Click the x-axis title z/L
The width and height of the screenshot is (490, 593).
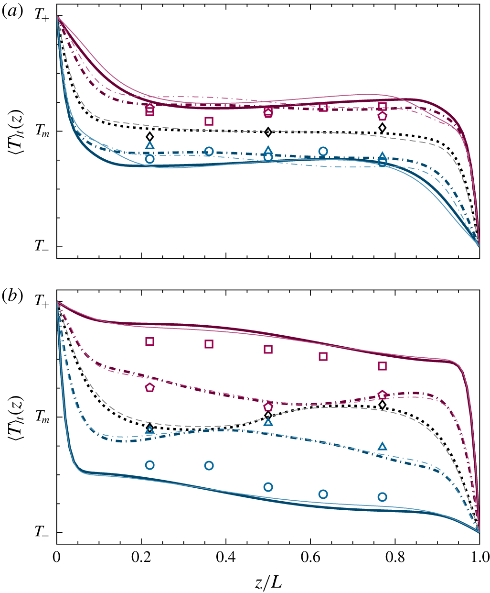coord(267,582)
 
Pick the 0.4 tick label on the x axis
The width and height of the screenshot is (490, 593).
coord(226,557)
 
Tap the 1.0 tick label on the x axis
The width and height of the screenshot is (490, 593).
coord(479,557)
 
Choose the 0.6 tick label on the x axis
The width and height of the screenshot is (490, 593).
coord(310,557)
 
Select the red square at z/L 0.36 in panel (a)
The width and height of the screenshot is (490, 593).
coord(209,121)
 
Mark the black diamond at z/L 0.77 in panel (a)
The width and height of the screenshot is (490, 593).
coord(382,128)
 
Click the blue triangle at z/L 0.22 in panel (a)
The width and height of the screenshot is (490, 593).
coord(150,145)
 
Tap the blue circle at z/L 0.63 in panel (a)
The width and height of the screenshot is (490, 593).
coord(323,152)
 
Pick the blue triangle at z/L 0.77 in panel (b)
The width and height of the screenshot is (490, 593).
coord(382,447)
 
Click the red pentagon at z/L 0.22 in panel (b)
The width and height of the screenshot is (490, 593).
coord(149,388)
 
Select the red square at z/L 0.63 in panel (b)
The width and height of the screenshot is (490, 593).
coord(323,356)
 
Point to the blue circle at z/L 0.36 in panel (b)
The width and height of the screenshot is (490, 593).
coord(209,465)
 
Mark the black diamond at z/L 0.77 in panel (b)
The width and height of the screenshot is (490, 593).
coord(382,405)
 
